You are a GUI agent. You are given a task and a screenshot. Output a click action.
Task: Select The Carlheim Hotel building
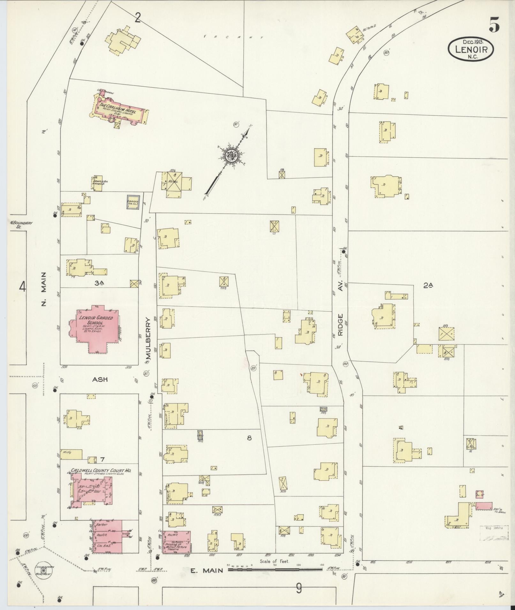click(120, 110)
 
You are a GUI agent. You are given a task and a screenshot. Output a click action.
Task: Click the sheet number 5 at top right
click(494, 25)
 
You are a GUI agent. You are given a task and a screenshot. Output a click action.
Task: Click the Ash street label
click(100, 379)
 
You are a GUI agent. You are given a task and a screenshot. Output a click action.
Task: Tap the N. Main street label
click(44, 289)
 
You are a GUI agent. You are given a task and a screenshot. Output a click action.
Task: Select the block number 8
click(249, 438)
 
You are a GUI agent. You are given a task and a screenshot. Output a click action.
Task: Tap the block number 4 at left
click(22, 287)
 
